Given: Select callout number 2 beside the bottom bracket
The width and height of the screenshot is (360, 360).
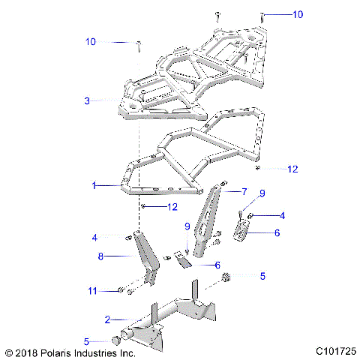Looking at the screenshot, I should [107, 319].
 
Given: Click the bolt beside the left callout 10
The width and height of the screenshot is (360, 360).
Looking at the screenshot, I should [139, 47].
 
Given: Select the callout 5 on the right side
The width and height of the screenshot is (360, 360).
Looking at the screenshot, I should [262, 276].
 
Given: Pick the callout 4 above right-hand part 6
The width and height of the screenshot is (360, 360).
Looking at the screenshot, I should [282, 216].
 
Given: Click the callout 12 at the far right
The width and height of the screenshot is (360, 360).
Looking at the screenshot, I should [292, 169].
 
